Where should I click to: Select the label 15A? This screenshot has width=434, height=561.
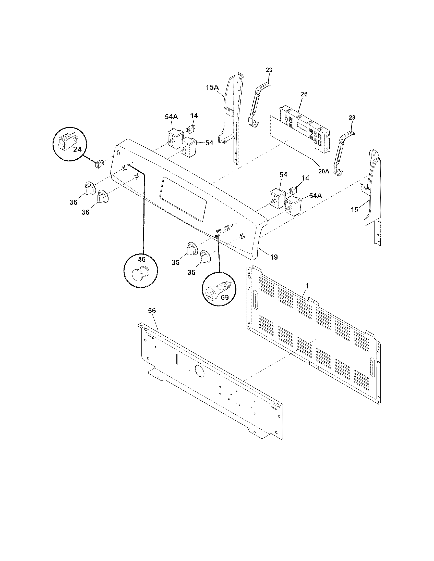(x=212, y=87)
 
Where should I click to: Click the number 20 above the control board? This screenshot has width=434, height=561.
(x=304, y=94)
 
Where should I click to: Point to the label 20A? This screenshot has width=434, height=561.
(x=323, y=171)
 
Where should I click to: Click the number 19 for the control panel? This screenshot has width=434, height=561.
(x=274, y=257)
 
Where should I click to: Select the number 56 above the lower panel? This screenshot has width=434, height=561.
(x=152, y=311)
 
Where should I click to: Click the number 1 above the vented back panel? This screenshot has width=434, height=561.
(x=307, y=286)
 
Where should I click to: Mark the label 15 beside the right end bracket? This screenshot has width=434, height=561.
(x=354, y=210)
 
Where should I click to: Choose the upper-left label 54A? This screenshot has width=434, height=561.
(x=171, y=117)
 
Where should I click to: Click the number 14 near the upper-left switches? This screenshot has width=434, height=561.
(x=194, y=116)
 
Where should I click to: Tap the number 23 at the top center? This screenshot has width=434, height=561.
(x=269, y=70)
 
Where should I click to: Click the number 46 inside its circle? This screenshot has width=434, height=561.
(x=141, y=259)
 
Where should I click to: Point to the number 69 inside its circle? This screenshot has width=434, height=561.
(x=225, y=297)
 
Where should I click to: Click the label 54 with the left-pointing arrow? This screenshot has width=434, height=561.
(x=209, y=143)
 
